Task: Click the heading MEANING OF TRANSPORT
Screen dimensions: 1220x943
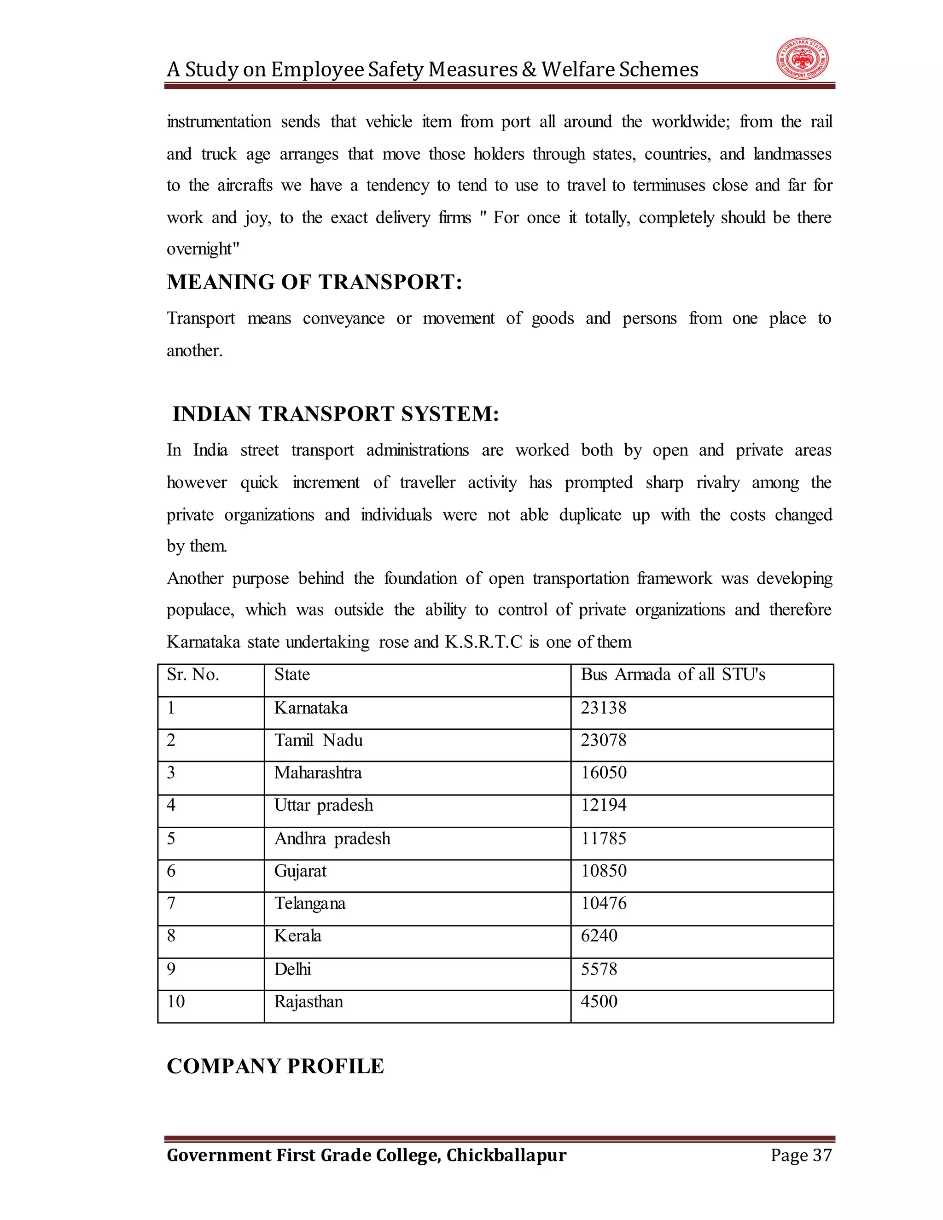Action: coord(314,282)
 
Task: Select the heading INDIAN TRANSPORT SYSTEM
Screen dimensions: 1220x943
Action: coord(335,414)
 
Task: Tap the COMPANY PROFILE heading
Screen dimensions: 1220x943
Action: coord(275,1066)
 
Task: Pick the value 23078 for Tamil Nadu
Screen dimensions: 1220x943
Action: coord(603,740)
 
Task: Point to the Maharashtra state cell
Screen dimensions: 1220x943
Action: coord(318,773)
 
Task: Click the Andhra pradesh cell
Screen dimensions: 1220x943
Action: coord(332,838)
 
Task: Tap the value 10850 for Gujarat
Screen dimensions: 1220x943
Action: coord(603,871)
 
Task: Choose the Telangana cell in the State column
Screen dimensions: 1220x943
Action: coord(310,903)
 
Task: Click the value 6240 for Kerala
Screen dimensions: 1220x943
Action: coord(599,935)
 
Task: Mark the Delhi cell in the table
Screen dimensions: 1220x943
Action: coord(293,969)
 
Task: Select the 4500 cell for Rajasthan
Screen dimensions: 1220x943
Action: coord(599,1001)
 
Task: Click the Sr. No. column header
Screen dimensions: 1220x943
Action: coord(193,675)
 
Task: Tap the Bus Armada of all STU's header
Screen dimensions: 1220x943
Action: coord(673,675)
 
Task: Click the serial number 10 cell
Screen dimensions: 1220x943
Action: coord(176,1001)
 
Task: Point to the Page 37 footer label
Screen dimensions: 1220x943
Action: coord(801,1155)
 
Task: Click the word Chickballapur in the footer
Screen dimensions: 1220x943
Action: coord(506,1155)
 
